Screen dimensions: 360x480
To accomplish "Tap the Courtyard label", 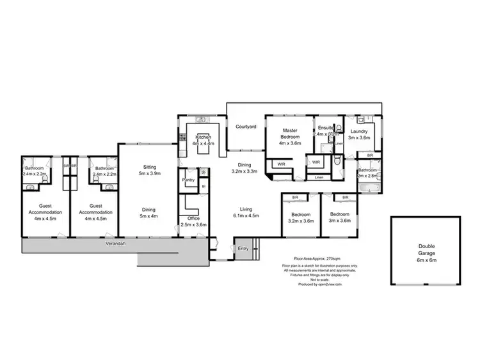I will [246, 127].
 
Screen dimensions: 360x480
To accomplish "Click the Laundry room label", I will [359, 131].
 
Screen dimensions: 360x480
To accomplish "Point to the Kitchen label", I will [204, 137].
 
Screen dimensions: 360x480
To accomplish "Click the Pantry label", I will [188, 180].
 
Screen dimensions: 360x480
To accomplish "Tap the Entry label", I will [243, 248].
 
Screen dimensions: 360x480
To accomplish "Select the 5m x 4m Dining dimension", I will [148, 215].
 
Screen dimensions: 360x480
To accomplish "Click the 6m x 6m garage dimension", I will [426, 260].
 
